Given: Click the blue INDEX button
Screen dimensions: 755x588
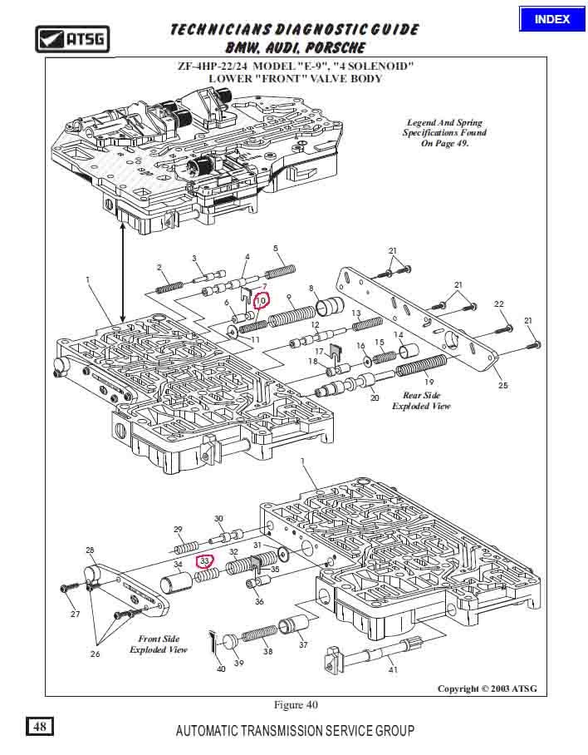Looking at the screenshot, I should [x=552, y=19].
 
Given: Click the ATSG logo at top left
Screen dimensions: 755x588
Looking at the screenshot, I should [x=72, y=38].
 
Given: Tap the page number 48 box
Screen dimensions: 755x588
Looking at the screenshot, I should [x=40, y=727].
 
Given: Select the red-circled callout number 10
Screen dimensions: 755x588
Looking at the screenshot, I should [x=261, y=300].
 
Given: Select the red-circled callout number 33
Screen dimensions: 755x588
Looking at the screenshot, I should [x=204, y=562].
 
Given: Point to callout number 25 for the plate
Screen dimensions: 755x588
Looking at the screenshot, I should [x=502, y=387].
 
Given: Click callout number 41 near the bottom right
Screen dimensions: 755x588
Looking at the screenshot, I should [x=394, y=669].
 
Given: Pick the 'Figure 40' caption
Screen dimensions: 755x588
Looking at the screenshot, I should [x=296, y=705].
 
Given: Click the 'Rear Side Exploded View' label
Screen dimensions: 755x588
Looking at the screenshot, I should [x=421, y=401].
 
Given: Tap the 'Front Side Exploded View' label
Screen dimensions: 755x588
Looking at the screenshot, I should [x=158, y=644].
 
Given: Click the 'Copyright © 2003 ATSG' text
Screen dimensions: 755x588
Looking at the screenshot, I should [x=488, y=688].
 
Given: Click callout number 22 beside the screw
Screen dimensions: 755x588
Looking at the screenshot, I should [x=499, y=304].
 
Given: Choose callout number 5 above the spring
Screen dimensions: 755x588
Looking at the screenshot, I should [x=275, y=249].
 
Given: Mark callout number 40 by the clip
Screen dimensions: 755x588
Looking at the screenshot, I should [x=221, y=669].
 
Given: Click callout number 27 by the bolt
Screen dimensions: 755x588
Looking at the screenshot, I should [x=75, y=614].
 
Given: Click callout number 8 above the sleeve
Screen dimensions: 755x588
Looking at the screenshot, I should [x=311, y=289].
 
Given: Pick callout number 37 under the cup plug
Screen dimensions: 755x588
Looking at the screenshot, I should [x=303, y=644].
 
